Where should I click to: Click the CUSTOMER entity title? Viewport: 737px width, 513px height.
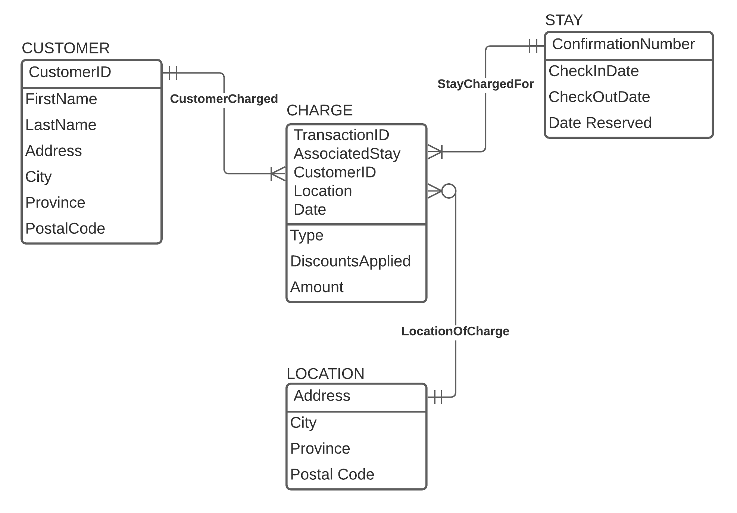click(x=66, y=48)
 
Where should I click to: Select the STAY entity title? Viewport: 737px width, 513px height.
click(x=564, y=20)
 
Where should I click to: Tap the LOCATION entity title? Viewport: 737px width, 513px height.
click(x=325, y=374)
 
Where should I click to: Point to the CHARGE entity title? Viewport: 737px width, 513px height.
click(x=319, y=111)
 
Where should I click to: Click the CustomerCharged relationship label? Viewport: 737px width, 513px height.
click(x=224, y=99)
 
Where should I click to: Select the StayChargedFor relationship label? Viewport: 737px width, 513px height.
click(x=485, y=84)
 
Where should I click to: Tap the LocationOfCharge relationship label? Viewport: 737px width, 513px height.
click(x=455, y=331)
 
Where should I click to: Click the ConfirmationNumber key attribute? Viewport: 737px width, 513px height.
click(x=623, y=44)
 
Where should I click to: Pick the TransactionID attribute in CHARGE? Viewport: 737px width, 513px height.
click(x=341, y=135)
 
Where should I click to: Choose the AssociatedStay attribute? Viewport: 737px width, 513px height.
click(x=347, y=154)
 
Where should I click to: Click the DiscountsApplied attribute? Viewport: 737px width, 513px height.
click(x=350, y=261)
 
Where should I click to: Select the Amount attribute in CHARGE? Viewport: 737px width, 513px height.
click(x=317, y=287)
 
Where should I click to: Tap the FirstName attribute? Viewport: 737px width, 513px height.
click(x=61, y=99)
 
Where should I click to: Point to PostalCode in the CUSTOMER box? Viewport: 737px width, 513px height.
click(x=65, y=228)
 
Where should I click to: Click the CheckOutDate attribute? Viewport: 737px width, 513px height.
click(x=599, y=97)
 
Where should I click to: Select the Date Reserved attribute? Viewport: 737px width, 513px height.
click(x=600, y=123)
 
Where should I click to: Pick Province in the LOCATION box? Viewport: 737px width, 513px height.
click(x=320, y=449)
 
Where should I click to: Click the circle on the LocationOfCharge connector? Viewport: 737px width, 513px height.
click(x=449, y=191)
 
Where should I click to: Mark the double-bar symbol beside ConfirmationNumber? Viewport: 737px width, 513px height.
click(x=534, y=46)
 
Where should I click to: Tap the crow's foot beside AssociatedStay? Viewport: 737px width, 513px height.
click(x=435, y=152)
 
